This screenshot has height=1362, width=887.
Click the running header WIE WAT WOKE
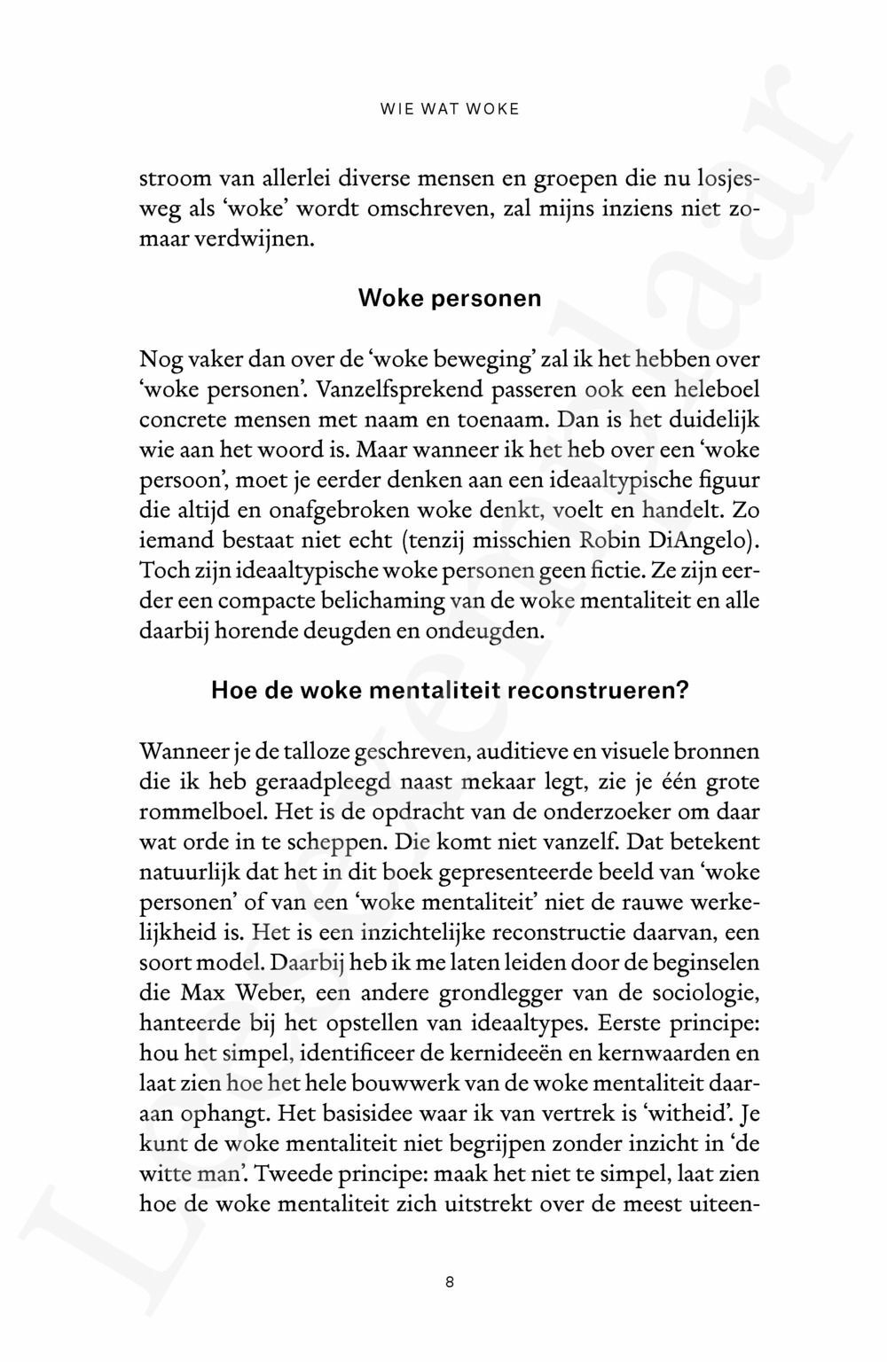(x=449, y=110)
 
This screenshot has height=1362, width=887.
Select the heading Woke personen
(x=450, y=298)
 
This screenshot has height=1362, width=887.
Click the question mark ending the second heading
(x=680, y=691)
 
